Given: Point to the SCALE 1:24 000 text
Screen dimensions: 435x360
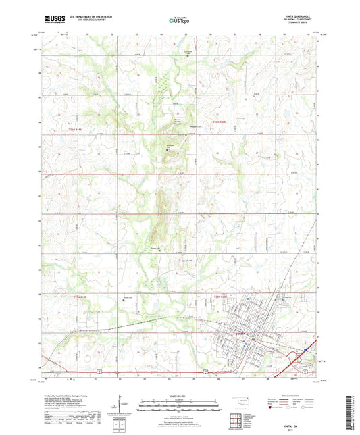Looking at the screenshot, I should point(180,395).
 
